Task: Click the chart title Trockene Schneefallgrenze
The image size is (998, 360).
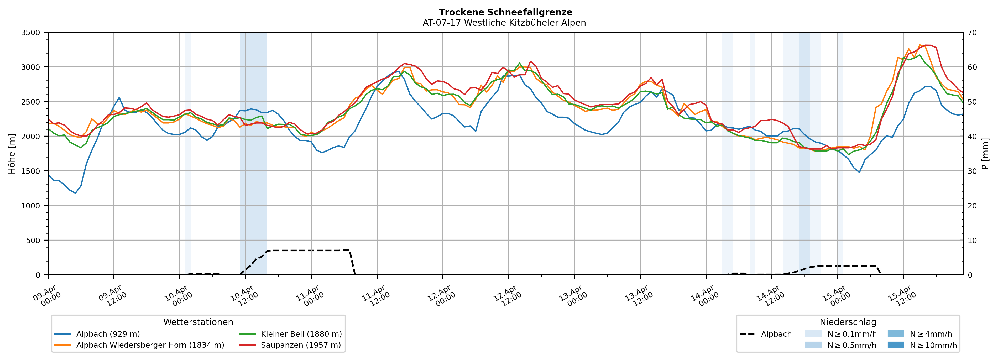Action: (505, 12)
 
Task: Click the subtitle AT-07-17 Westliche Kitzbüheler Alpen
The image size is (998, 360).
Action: (504, 23)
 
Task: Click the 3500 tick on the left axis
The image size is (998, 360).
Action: (31, 33)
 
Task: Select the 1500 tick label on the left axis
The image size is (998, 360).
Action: (31, 171)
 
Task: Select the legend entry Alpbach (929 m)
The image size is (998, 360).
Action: (108, 334)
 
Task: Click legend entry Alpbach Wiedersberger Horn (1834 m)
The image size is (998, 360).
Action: (150, 345)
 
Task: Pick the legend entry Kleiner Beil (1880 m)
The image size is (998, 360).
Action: (301, 334)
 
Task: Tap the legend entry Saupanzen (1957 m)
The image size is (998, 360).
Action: (301, 345)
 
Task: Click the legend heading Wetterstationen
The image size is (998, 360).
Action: (198, 322)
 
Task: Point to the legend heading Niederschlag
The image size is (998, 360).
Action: (848, 322)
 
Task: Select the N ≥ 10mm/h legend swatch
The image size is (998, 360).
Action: (895, 345)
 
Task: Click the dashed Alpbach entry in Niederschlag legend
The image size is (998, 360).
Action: (776, 334)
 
